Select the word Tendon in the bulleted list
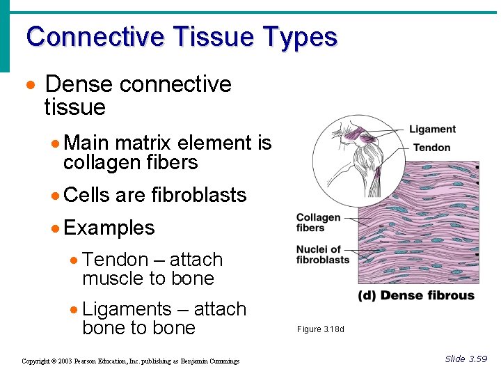(115, 260)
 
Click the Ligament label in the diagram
(432, 130)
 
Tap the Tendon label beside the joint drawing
(431, 148)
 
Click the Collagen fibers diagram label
(319, 223)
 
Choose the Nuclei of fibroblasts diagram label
(322, 255)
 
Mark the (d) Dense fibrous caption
(416, 295)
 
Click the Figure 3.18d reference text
(320, 329)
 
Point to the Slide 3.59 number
(466, 359)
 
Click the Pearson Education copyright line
(130, 361)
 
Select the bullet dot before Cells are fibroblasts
(56, 196)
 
